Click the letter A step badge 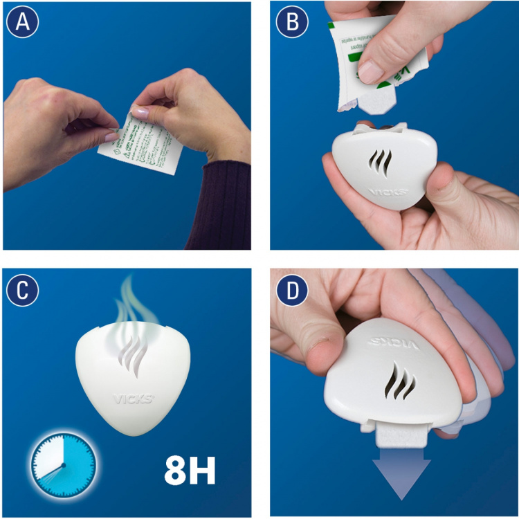(22, 23)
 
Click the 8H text (190, 470)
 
